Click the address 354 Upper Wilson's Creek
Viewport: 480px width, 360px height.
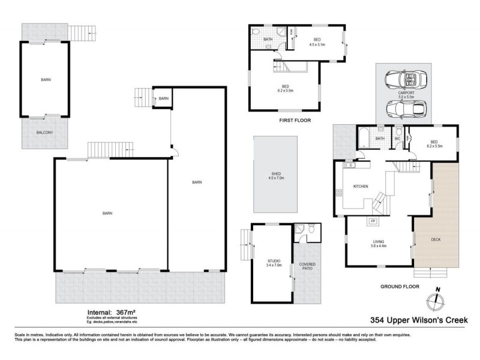[418, 320]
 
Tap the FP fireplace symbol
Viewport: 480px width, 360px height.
[372, 221]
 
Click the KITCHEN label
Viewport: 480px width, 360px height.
[360, 187]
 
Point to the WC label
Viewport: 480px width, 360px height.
[397, 139]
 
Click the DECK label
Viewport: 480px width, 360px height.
[437, 239]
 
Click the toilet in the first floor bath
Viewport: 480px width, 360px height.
[256, 31]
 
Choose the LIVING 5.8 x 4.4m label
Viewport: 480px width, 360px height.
[379, 244]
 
